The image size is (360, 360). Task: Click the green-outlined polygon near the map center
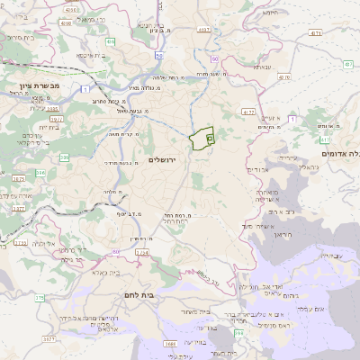201,139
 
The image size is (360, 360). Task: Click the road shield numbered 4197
206,30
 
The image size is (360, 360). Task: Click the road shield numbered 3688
168,343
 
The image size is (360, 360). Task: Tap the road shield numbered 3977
55,118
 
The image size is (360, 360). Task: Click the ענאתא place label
262,67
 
